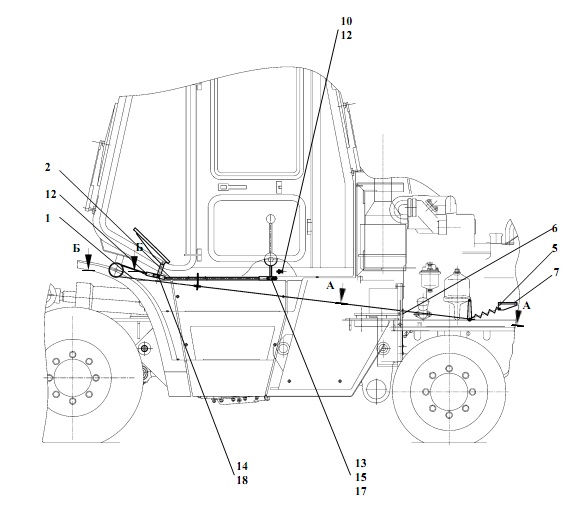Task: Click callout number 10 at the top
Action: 346,21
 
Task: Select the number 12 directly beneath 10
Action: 346,35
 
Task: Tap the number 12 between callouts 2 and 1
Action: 51,194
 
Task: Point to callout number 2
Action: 48,168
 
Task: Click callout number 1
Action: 48,218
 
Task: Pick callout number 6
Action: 554,228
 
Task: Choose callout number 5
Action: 554,249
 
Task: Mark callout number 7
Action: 556,273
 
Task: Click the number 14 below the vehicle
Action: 242,466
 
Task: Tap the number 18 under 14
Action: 242,480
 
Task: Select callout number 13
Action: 361,463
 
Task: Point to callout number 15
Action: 361,477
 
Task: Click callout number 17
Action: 361,491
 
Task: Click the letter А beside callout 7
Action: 526,306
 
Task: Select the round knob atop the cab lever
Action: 270,219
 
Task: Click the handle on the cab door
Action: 232,187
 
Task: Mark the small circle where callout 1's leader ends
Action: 116,270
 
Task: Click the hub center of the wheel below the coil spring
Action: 449,391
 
